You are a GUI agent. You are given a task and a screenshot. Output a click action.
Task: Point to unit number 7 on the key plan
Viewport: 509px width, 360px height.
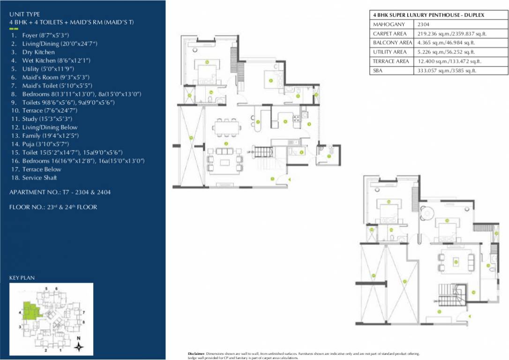tap(83, 311)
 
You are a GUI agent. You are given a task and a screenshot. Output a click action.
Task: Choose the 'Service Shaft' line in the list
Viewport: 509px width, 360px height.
tap(39, 178)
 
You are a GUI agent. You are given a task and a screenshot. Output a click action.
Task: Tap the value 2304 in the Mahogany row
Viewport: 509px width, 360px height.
tap(422, 24)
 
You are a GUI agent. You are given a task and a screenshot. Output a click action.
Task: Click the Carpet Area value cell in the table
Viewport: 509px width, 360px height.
tap(446, 34)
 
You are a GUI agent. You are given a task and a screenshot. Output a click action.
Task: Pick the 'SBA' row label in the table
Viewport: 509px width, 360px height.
tap(377, 70)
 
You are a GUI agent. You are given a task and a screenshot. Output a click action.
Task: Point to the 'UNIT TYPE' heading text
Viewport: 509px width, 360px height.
tap(24, 15)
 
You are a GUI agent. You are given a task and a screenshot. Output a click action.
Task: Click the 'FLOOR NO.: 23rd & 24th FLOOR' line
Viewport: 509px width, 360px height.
tap(53, 207)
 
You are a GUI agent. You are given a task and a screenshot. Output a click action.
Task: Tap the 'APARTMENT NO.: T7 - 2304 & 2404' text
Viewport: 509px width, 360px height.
tap(60, 192)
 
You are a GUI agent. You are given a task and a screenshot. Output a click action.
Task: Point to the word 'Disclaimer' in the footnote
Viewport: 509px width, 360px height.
tap(195, 353)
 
